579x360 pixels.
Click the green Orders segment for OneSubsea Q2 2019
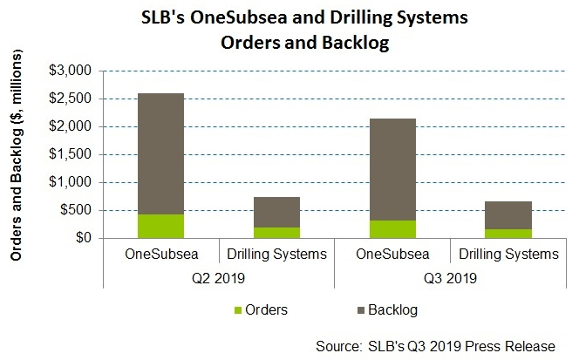click(x=161, y=226)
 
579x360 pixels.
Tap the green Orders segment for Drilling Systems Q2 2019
click(x=276, y=233)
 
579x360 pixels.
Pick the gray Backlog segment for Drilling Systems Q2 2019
click(x=276, y=212)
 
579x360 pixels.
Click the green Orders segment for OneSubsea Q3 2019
click(x=392, y=229)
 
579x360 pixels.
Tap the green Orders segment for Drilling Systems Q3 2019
click(x=507, y=234)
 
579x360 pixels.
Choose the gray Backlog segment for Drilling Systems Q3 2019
click(x=507, y=215)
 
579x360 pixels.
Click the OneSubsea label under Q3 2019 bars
click(x=392, y=255)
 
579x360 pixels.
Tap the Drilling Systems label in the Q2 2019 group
click(x=276, y=255)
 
